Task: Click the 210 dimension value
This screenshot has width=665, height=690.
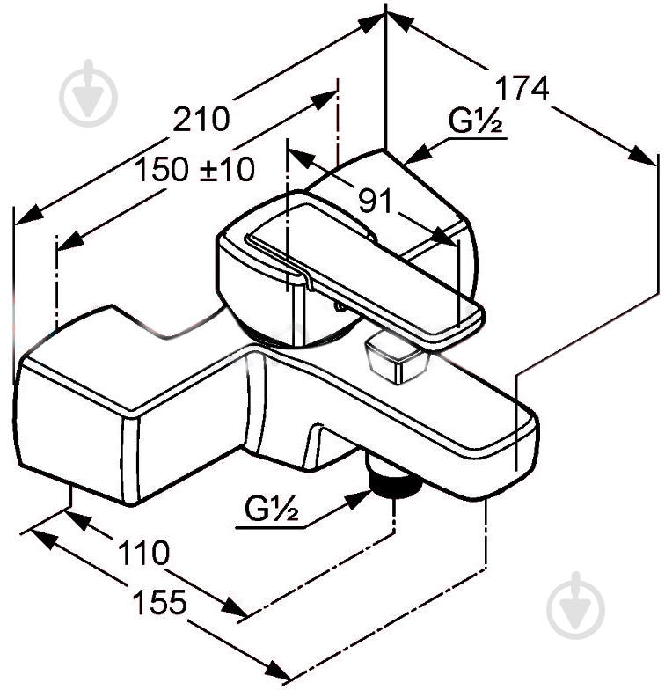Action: coord(201,119)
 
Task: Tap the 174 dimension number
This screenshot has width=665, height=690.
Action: coord(522,88)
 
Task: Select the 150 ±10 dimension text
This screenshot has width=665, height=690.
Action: coord(194,169)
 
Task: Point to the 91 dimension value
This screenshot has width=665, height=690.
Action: coord(375,201)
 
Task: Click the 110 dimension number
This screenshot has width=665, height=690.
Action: coord(144,553)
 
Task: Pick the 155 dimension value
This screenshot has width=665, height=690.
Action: coord(160,602)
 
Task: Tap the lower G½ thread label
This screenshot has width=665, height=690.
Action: coord(271,509)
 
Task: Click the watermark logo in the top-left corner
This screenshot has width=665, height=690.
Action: coord(89,93)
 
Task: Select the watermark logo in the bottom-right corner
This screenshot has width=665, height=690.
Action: coord(575,606)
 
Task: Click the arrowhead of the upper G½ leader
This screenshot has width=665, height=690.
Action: coord(418,154)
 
